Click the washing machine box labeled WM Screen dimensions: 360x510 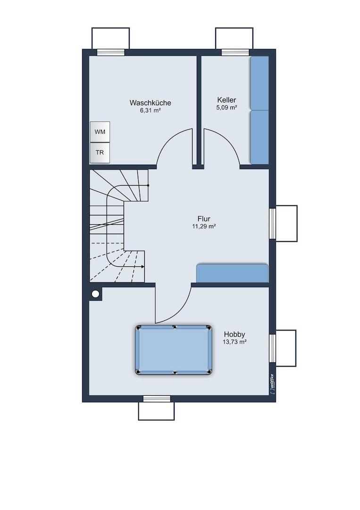click(100, 132)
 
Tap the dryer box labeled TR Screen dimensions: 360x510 click(100, 152)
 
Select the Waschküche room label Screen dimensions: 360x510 click(151, 103)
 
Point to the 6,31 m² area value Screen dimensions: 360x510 click(151, 110)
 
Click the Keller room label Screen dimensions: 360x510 click(227, 100)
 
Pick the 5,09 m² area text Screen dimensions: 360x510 click(226, 107)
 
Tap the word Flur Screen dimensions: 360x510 click(204, 219)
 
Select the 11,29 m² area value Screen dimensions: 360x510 click(204, 226)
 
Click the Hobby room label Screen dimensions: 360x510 click(234, 334)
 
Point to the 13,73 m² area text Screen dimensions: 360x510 click(234, 342)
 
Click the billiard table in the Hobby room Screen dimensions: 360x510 click(174, 350)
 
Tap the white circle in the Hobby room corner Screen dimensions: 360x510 click(95, 294)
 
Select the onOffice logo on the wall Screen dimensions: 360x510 click(272, 384)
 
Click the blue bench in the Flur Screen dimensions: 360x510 click(232, 273)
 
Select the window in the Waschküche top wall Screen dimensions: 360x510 click(111, 52)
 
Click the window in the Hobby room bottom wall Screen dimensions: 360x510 click(157, 399)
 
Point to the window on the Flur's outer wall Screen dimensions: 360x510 click(272, 223)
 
